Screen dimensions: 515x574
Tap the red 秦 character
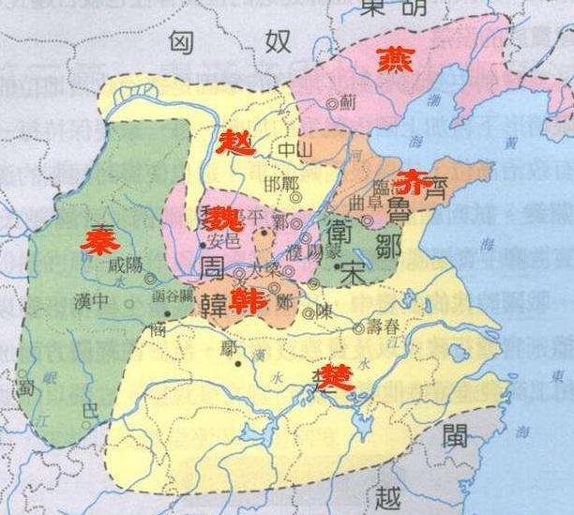tap(96, 241)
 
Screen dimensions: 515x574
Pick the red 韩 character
tap(248, 301)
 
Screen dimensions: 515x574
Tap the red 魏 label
tap(224, 220)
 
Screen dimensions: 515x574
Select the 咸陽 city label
tap(126, 265)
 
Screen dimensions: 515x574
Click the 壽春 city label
tap(385, 327)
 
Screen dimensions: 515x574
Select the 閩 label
tap(462, 435)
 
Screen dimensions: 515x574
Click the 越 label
tap(385, 496)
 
